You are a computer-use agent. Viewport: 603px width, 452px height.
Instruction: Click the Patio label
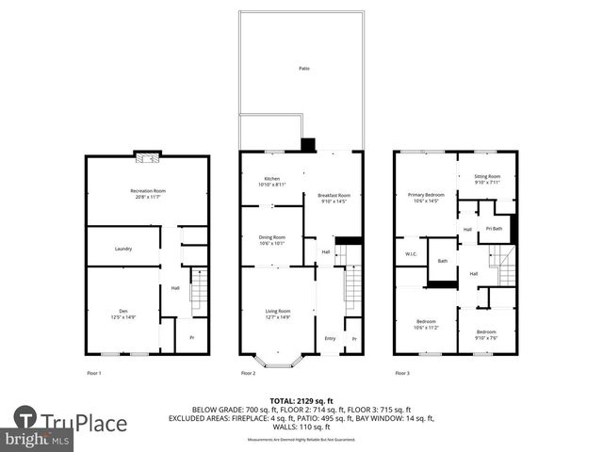tap(303, 69)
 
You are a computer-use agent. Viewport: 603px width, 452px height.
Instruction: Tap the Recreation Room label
tap(147, 193)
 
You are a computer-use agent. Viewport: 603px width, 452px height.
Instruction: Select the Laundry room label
tap(123, 249)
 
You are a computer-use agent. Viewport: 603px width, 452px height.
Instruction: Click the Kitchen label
tap(271, 181)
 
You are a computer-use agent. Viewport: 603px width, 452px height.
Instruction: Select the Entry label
tap(330, 339)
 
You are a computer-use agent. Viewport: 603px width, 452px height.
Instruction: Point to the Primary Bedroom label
tap(426, 197)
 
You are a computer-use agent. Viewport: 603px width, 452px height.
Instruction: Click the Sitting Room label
tap(487, 179)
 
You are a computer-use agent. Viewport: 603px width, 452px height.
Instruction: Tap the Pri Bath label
tap(494, 228)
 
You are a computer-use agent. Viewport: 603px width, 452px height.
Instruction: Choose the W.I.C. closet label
tap(411, 253)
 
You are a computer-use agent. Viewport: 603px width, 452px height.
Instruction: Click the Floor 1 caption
tap(93, 374)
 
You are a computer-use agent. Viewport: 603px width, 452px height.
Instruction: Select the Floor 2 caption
tap(248, 374)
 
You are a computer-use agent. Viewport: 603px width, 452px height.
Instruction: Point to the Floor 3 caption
tap(402, 374)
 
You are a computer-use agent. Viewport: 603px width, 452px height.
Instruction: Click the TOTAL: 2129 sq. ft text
tap(301, 400)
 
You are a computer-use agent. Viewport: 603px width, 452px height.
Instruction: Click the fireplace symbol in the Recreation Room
tap(147, 158)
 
